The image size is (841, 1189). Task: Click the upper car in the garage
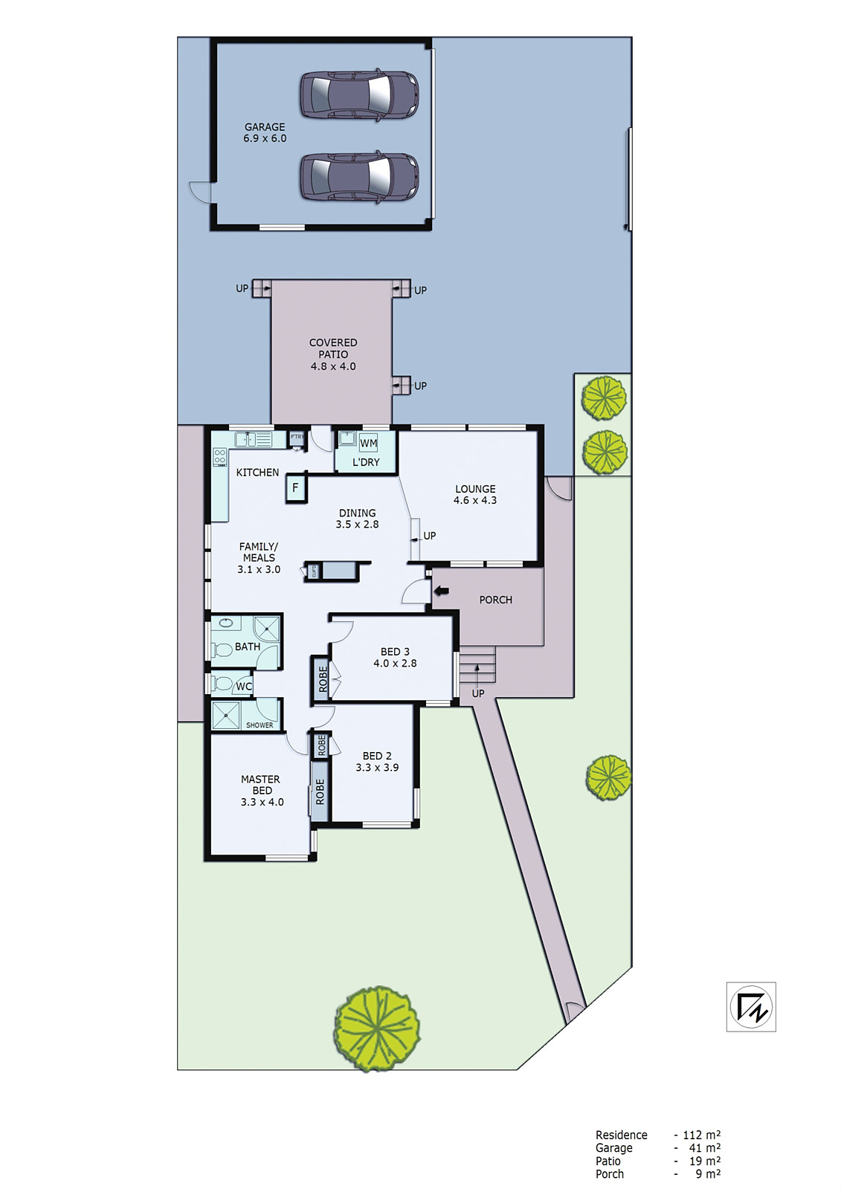(x=359, y=94)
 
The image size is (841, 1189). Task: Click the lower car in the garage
(x=359, y=177)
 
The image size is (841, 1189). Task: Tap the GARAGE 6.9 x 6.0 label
(x=265, y=132)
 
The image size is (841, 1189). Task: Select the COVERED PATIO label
(x=333, y=354)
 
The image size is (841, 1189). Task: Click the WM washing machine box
(x=368, y=443)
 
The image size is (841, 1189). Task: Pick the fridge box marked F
(x=295, y=488)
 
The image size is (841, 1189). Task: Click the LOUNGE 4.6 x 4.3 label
(x=475, y=494)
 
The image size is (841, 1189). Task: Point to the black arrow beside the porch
(x=442, y=591)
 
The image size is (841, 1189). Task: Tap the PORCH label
(x=495, y=600)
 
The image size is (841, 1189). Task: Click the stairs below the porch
(x=477, y=666)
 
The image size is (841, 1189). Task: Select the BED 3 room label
(x=395, y=657)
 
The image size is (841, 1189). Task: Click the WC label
(x=244, y=687)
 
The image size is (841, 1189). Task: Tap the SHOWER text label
(x=260, y=725)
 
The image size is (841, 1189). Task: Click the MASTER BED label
(x=261, y=790)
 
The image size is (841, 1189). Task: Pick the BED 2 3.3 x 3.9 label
(x=377, y=761)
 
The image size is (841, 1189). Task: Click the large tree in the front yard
(x=377, y=1028)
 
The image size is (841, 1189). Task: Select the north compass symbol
(x=751, y=1007)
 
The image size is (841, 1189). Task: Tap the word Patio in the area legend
(x=608, y=1161)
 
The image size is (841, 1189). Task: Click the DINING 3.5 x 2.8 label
(x=357, y=518)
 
